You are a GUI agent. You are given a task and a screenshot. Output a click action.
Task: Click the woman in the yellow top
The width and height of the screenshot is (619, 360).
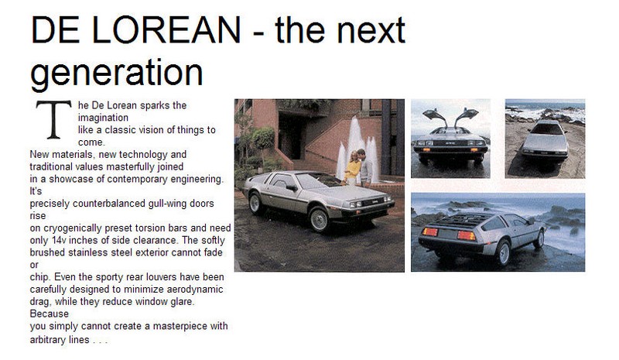352,166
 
